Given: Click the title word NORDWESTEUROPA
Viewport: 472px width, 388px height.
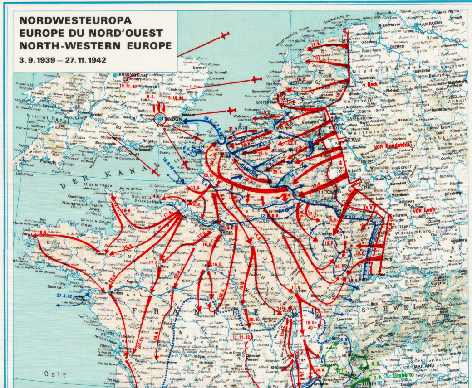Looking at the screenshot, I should [x=75, y=20].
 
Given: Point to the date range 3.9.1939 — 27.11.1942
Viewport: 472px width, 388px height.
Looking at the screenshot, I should [x=62, y=59].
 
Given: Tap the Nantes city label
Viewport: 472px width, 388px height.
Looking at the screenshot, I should [x=116, y=294].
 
